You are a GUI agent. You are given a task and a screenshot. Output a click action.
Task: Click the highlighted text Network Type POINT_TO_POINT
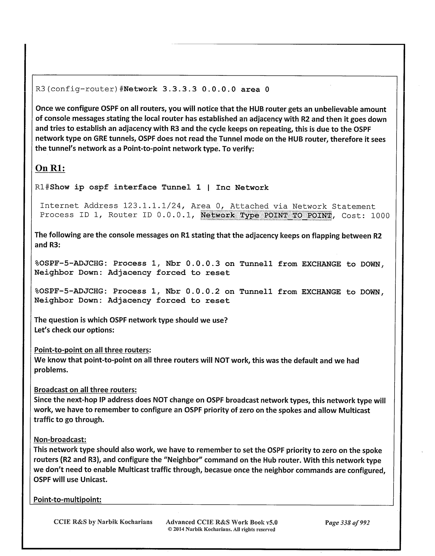[266, 216]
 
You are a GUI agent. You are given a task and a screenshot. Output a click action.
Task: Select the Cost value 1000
[380, 216]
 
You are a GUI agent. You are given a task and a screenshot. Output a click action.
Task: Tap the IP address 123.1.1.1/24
[152, 206]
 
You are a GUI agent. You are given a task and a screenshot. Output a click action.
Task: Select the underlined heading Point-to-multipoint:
[67, 499]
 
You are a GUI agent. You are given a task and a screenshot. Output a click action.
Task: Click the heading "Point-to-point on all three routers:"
[93, 350]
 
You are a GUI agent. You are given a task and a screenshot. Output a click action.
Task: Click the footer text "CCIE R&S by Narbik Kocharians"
[103, 522]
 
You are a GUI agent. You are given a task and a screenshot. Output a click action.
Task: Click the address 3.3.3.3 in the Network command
[179, 89]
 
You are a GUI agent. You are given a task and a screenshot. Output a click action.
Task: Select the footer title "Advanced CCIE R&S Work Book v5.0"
[221, 522]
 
